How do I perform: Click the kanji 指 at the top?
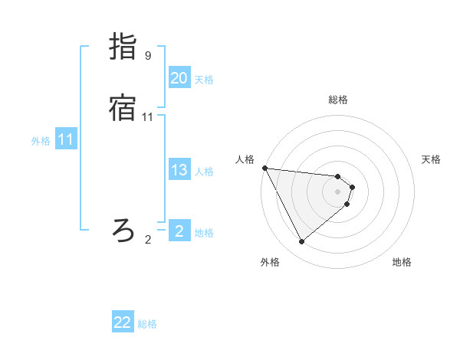123,47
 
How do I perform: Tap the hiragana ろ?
123,229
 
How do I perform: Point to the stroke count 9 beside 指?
148,56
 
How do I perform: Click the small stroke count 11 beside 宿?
148,117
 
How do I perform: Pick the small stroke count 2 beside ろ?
148,239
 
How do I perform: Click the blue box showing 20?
179,78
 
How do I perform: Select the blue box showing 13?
179,170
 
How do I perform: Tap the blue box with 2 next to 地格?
179,231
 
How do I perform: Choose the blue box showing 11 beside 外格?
65,139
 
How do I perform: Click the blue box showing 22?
123,322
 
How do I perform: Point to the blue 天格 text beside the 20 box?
204,80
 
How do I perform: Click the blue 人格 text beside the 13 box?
204,172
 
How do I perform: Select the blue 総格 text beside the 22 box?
147,324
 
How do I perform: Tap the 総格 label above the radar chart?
338,100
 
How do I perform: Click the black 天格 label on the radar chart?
432,159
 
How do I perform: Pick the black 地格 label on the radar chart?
402,262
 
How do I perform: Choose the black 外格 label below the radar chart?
270,262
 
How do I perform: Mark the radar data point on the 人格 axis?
264,168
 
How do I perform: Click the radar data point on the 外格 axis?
301,242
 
